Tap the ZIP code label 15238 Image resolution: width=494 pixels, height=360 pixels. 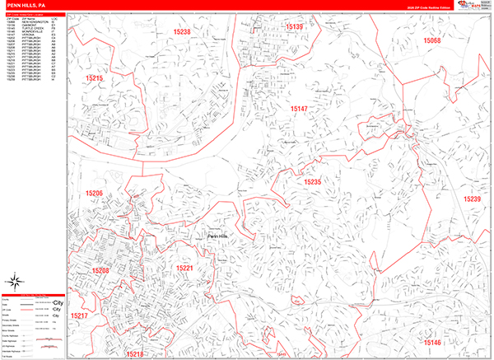[x=182, y=32]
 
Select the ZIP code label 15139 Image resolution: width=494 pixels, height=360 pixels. [x=294, y=27]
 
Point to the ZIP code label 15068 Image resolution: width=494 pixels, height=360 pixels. [x=432, y=40]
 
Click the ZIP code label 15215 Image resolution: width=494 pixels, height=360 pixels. [x=94, y=78]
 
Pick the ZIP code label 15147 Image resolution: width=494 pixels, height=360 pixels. [x=299, y=109]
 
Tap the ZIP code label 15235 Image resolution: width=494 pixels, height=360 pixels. [x=312, y=182]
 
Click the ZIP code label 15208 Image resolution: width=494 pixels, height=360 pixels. [x=100, y=270]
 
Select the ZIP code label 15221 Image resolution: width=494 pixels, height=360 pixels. [x=184, y=268]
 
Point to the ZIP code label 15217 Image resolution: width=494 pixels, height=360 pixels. [x=79, y=316]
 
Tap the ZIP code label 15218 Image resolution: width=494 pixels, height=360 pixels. [x=135, y=353]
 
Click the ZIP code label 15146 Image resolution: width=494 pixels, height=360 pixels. [x=432, y=342]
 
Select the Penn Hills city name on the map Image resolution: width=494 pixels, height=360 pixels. [x=218, y=236]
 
